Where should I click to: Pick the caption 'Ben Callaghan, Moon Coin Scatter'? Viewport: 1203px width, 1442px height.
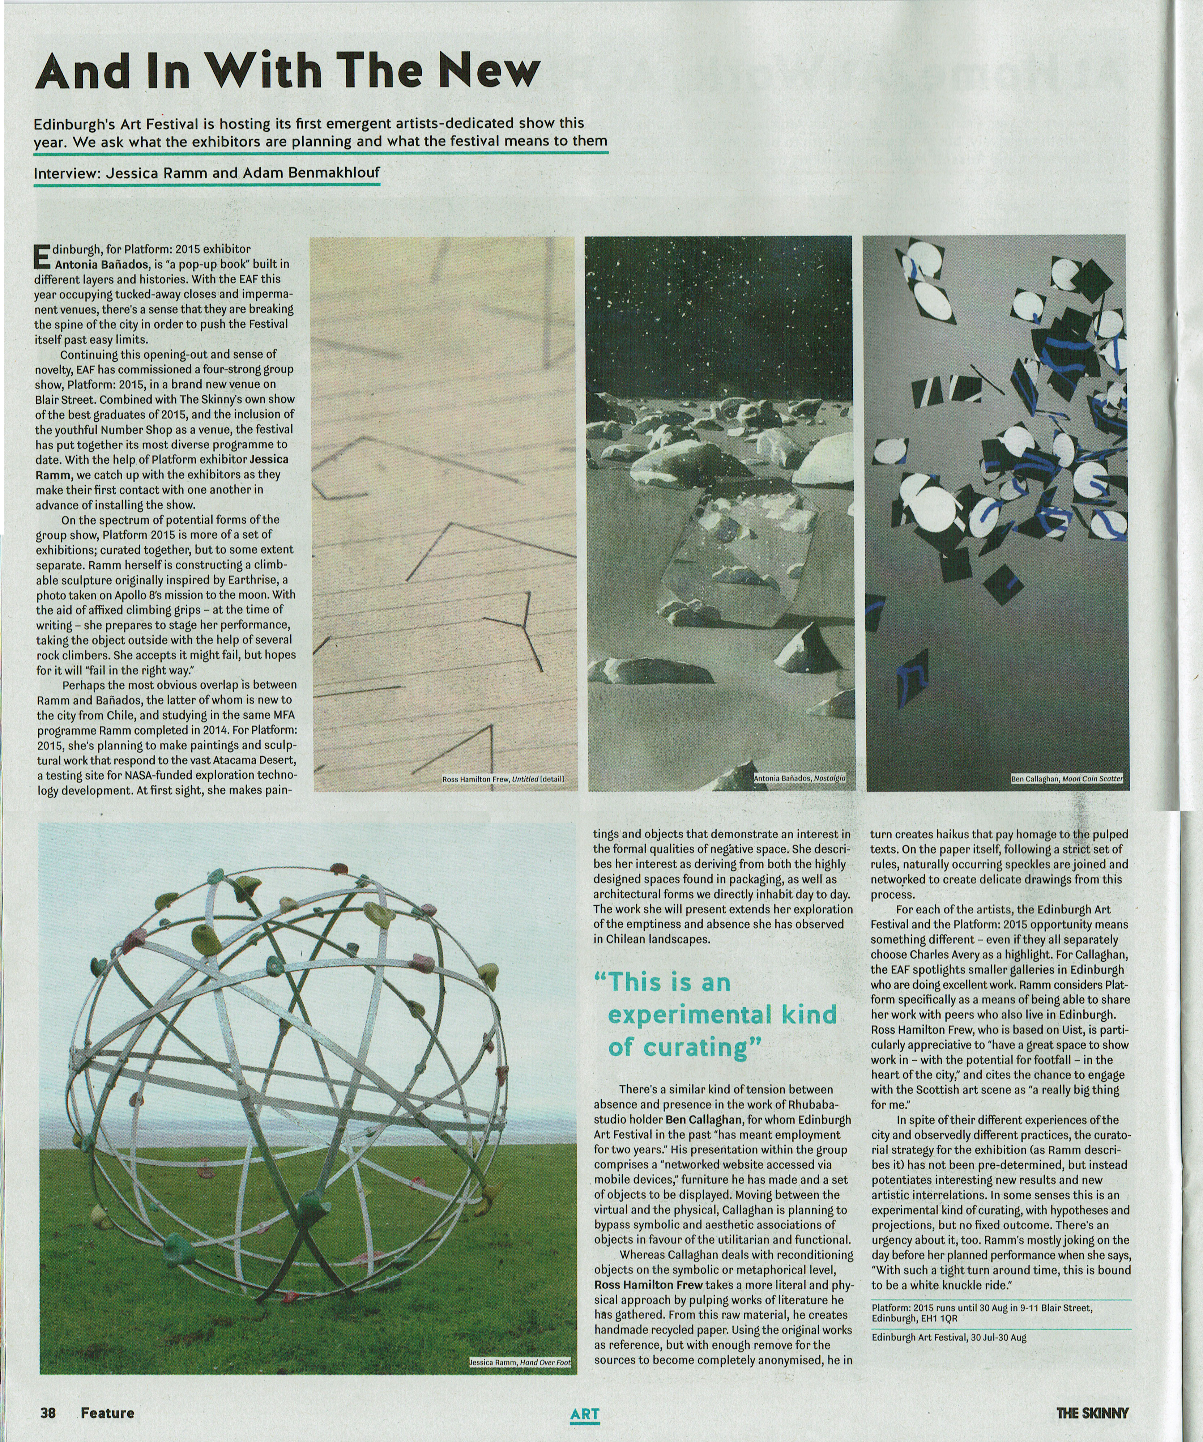(1067, 779)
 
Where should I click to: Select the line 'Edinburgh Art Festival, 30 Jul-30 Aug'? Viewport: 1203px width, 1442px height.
(949, 1337)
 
